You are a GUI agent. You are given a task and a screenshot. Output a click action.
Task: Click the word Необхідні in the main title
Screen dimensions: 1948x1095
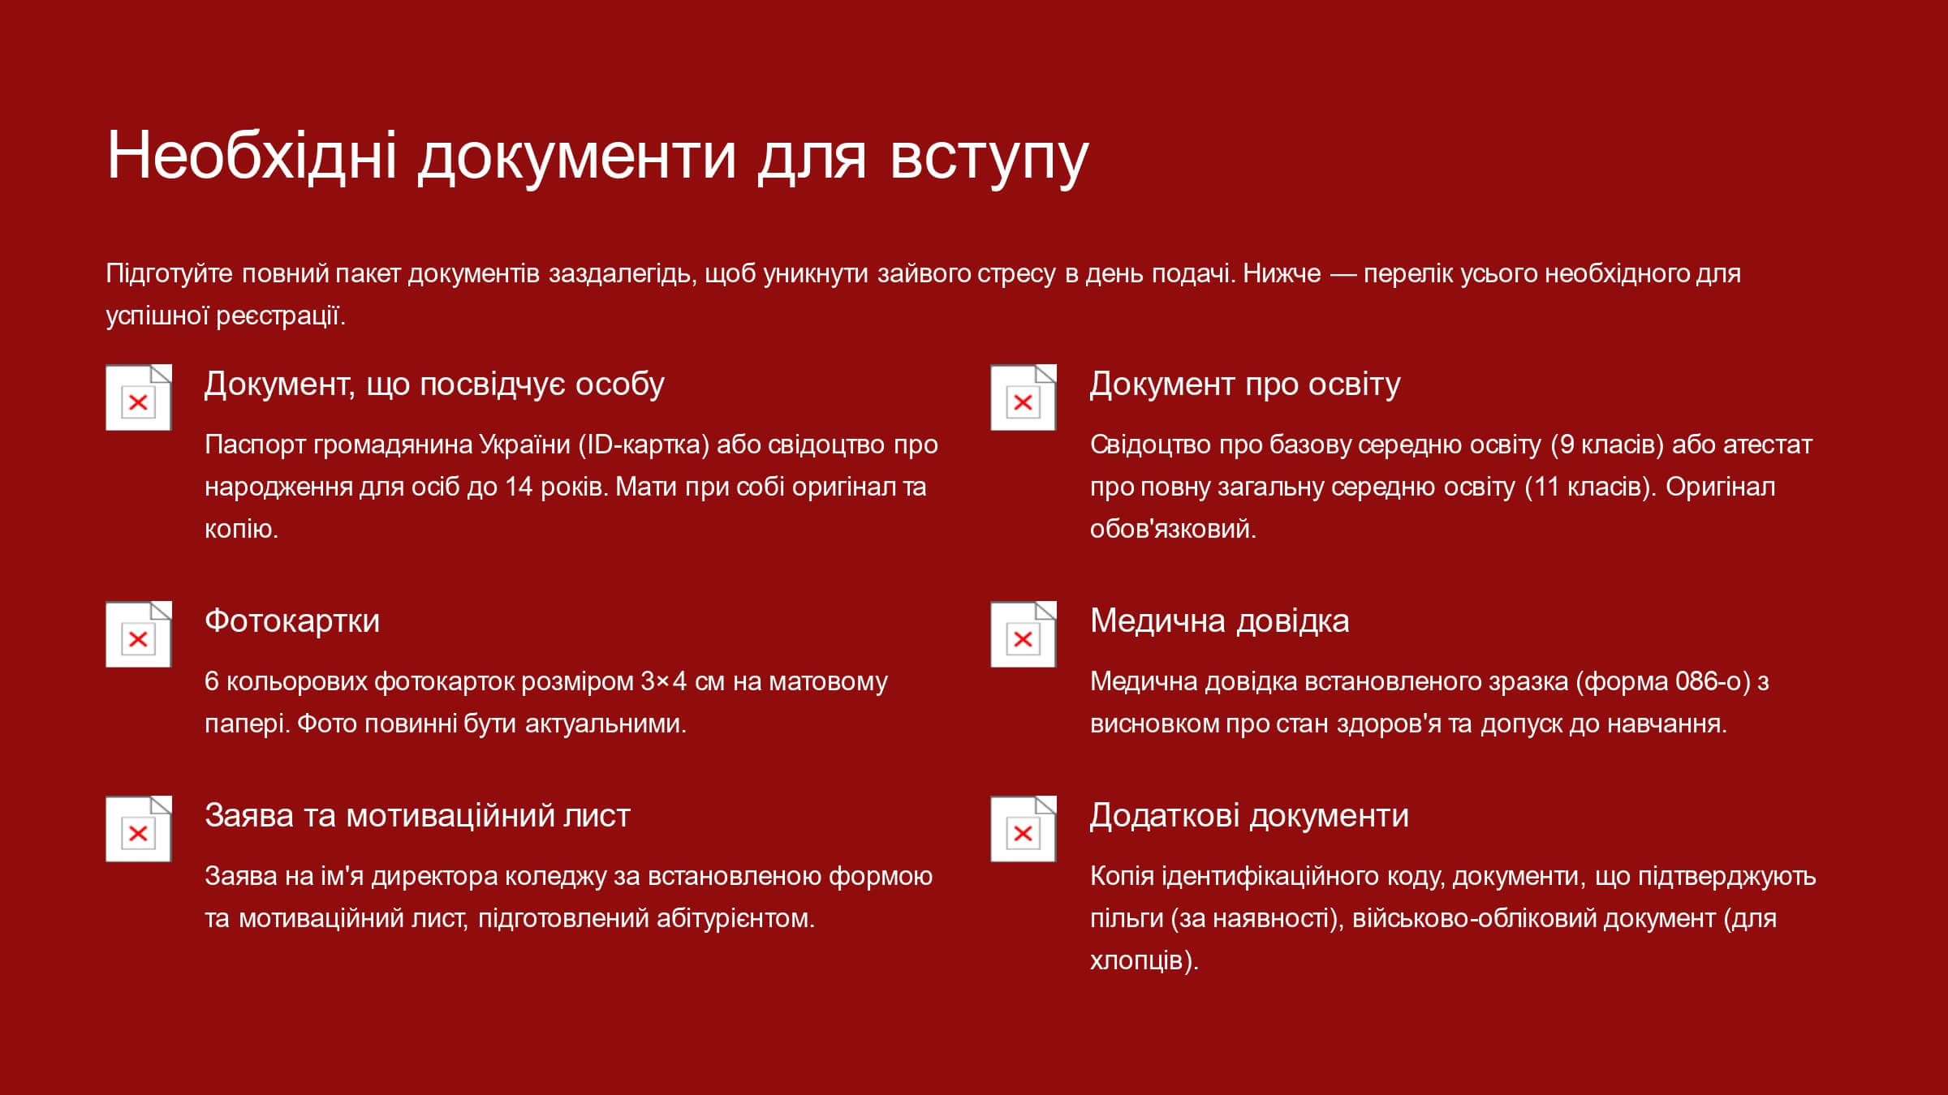[x=252, y=154]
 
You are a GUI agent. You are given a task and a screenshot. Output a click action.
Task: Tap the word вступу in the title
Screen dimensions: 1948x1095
[x=989, y=159]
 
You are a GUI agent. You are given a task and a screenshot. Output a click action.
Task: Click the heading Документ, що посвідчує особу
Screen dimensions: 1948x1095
[x=434, y=384]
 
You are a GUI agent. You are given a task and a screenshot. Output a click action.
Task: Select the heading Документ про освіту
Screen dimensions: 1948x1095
[x=1245, y=384]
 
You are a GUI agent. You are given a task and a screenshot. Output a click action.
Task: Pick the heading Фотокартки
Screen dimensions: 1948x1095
[x=292, y=620]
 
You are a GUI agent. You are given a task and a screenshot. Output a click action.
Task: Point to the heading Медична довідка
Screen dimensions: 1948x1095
[x=1219, y=620]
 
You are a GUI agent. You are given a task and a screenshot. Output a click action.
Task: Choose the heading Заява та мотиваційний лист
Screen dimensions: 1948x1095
[x=417, y=815]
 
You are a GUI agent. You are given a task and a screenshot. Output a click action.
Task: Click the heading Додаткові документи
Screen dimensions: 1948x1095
[x=1249, y=815]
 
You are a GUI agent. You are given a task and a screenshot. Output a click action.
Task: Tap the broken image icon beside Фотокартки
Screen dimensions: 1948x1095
[x=139, y=634]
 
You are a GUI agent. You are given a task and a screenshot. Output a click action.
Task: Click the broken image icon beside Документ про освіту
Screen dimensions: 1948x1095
[x=1024, y=397]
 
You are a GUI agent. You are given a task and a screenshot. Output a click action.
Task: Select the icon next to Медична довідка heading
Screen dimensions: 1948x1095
[x=1024, y=634]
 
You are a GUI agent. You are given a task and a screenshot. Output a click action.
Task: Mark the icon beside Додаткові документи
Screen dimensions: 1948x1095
[x=1024, y=829]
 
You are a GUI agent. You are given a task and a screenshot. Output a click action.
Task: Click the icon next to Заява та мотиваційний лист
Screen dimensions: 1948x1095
[x=139, y=829]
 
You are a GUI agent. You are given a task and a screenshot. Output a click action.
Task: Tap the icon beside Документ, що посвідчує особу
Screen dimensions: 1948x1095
[x=139, y=397]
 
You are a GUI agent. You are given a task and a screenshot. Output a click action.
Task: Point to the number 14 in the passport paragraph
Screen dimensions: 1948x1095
[x=519, y=487]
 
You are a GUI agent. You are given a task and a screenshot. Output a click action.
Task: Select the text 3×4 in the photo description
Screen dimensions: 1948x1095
[x=664, y=681]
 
